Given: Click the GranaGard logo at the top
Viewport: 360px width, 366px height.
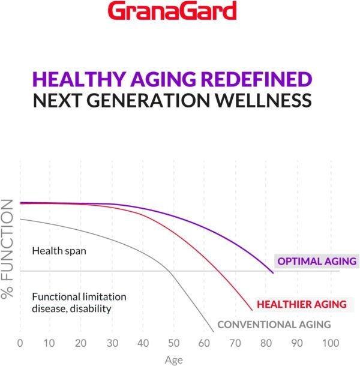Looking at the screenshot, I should tap(181, 11).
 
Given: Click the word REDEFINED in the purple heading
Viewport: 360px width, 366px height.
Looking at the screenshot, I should tap(253, 80).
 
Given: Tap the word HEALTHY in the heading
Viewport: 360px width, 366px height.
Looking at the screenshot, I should tap(83, 80).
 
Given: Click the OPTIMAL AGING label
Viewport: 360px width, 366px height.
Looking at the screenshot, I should tap(316, 261).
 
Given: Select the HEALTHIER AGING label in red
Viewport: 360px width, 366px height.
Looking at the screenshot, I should tap(301, 304).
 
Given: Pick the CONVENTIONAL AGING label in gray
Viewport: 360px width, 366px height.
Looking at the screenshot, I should tap(274, 325).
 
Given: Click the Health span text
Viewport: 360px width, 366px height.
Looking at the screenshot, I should tap(59, 251).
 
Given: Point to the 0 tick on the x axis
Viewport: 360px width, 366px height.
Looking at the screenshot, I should tap(20, 344).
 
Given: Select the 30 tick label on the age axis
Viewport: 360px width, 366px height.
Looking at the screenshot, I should tap(112, 344).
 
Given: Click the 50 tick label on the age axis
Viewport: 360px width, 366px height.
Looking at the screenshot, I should tap(173, 344).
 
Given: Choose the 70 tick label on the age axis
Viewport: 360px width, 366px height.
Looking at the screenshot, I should tap(235, 344).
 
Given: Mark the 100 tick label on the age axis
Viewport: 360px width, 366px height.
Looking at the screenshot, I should tap(327, 344).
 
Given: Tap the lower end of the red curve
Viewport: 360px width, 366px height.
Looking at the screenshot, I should tap(252, 310).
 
